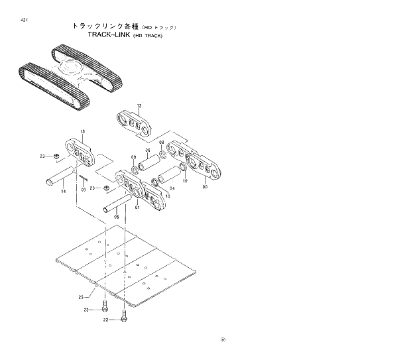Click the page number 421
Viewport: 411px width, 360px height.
pyautogui.click(x=24, y=21)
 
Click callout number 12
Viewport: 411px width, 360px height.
pyautogui.click(x=139, y=106)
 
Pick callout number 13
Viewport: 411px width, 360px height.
pyautogui.click(x=82, y=133)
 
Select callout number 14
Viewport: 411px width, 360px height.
pyautogui.click(x=63, y=192)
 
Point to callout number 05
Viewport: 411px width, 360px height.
pyautogui.click(x=117, y=216)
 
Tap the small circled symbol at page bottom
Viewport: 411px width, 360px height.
pyautogui.click(x=223, y=341)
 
